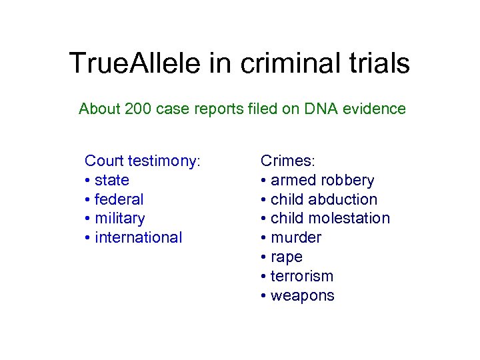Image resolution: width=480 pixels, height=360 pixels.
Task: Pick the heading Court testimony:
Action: (x=143, y=161)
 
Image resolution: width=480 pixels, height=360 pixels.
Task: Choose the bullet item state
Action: (x=111, y=180)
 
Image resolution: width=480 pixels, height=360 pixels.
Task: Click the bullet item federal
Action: (x=119, y=199)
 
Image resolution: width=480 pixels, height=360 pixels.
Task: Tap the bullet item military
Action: (x=119, y=219)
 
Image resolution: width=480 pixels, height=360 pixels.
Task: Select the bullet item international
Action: (x=138, y=238)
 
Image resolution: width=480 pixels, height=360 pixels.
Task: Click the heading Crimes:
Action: (x=287, y=161)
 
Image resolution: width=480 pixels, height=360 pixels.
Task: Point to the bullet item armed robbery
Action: (x=322, y=180)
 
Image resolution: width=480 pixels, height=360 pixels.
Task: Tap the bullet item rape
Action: (x=286, y=257)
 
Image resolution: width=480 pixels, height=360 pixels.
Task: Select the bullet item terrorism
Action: (x=301, y=277)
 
